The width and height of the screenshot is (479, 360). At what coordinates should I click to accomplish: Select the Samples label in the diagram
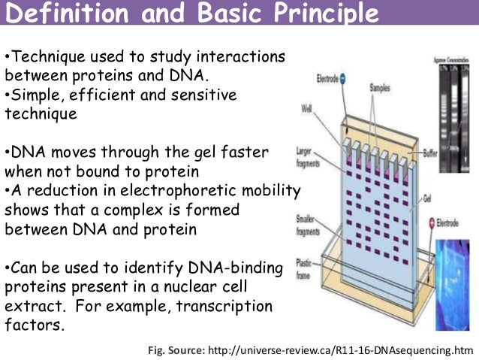(381, 88)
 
